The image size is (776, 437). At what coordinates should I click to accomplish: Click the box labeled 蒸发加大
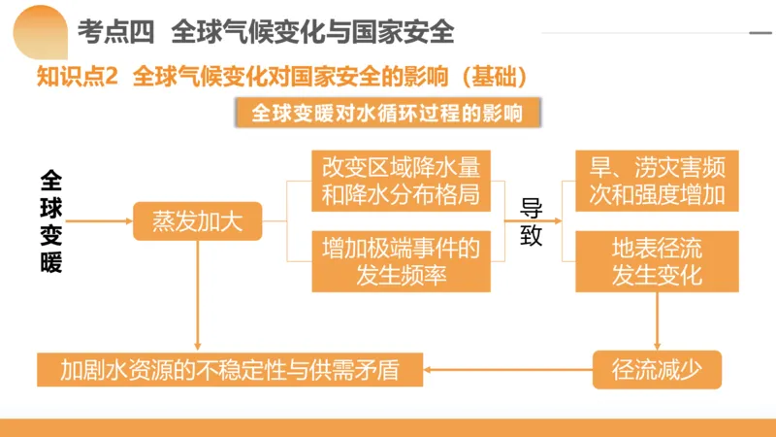coord(198,221)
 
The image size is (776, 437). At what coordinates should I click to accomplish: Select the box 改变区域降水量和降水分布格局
coord(401,180)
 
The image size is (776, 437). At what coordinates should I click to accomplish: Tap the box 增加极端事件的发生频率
coord(401,261)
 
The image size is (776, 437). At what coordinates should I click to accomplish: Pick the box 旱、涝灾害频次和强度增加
coord(657,180)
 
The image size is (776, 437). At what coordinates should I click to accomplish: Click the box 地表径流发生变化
coord(657,261)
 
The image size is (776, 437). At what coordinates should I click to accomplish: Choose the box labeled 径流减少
coord(657,369)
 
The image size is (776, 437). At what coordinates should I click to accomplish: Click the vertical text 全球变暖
coord(51,221)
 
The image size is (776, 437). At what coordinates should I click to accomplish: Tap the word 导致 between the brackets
coord(532,221)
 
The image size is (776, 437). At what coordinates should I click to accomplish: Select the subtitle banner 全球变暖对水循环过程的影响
coord(387,114)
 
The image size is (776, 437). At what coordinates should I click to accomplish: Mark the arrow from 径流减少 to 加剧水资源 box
coord(509,369)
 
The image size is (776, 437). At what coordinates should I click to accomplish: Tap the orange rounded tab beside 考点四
coord(37,29)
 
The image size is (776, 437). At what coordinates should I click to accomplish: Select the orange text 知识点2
coord(76,77)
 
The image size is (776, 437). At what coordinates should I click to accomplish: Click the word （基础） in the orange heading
coord(496,77)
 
